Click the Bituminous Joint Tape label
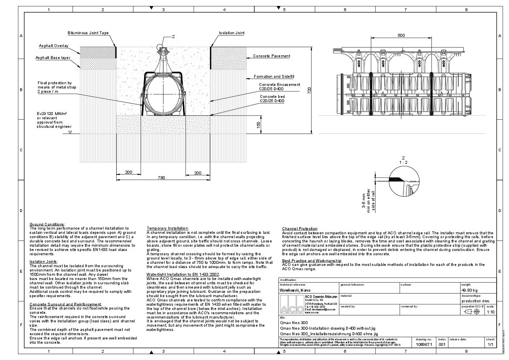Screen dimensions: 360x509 coord(88,33)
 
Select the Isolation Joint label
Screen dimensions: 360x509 coord(232,33)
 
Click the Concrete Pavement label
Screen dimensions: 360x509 coord(271,56)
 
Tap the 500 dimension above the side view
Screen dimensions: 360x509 coord(401,35)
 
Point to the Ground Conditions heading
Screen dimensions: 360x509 coord(47,224)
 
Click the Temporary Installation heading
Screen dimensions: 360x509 coord(167,228)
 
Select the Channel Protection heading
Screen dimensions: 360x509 coord(300,229)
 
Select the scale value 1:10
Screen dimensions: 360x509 coord(491,312)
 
